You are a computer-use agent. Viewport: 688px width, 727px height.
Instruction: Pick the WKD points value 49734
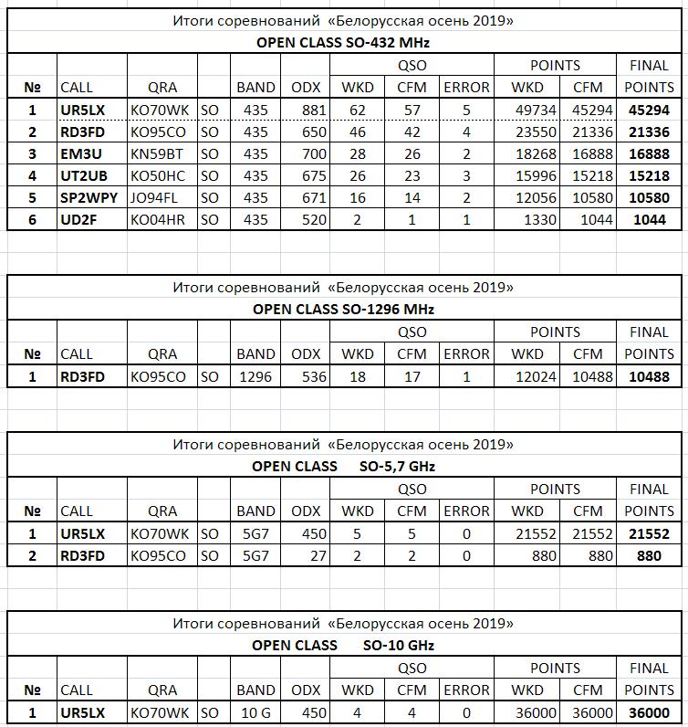[x=526, y=110]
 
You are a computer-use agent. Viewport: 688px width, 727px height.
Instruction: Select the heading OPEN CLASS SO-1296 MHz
[x=343, y=309]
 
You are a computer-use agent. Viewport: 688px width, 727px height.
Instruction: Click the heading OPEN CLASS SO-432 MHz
[x=343, y=42]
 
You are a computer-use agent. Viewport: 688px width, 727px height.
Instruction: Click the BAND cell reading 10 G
[x=255, y=712]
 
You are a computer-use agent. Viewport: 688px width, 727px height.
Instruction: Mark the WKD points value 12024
[x=526, y=376]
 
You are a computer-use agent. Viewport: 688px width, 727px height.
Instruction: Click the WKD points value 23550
[x=526, y=132]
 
